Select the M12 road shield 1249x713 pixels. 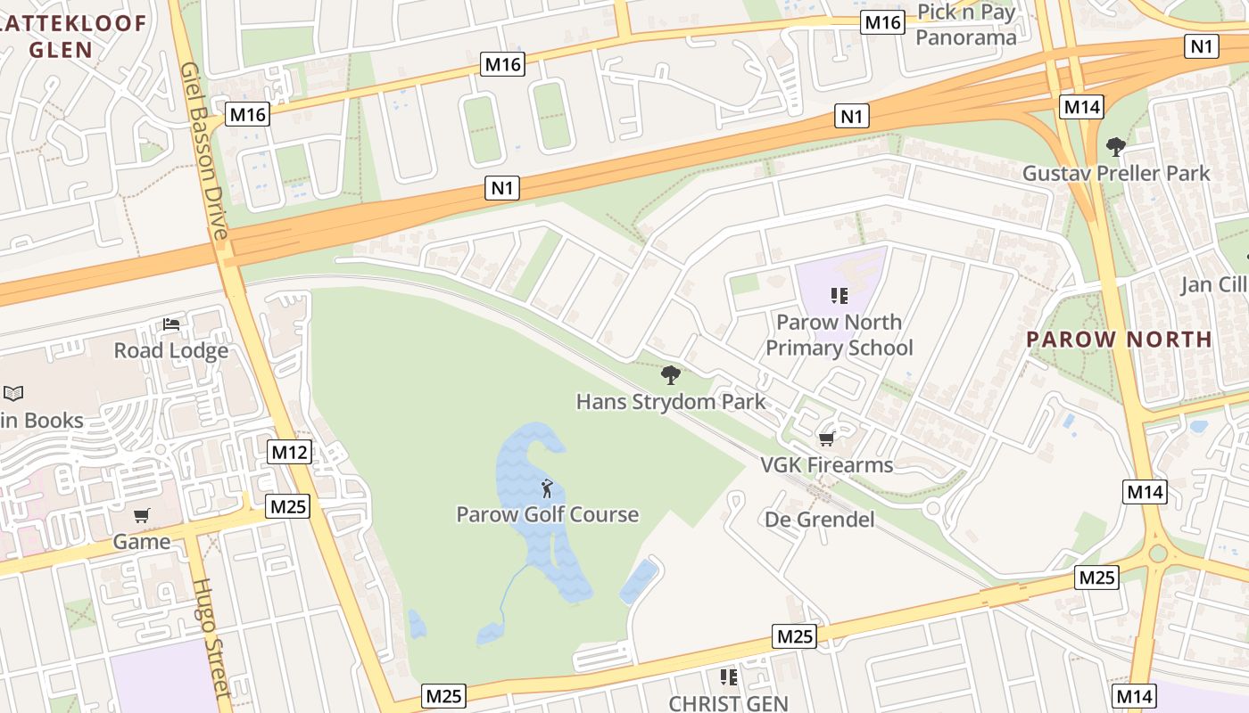click(x=289, y=452)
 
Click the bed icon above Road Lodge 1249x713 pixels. click(x=171, y=325)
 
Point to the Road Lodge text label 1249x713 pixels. click(x=171, y=351)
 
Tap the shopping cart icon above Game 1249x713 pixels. click(x=142, y=516)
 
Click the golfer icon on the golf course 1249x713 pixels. click(x=547, y=488)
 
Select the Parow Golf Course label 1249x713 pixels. click(x=547, y=514)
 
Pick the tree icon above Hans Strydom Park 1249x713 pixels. click(x=671, y=375)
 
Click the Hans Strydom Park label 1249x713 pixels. click(x=671, y=402)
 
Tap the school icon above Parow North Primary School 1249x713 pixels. click(x=839, y=295)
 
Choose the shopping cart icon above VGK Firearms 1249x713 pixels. click(x=826, y=438)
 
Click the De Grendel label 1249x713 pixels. click(x=820, y=520)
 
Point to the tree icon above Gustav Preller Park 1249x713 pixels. click(x=1115, y=147)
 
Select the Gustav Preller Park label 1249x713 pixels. click(x=1116, y=173)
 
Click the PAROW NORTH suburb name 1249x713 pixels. click(x=1119, y=340)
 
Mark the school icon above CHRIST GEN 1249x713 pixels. click(x=729, y=678)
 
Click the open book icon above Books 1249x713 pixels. click(x=13, y=393)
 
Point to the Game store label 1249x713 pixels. click(x=142, y=542)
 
